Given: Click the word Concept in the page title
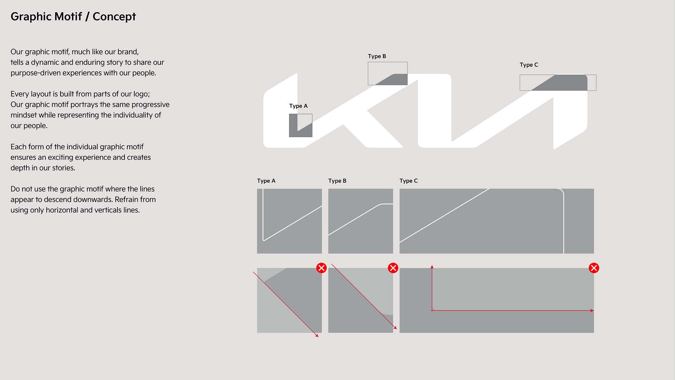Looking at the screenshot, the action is tap(114, 17).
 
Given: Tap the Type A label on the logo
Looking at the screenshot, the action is tap(298, 106).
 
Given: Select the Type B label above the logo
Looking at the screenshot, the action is tap(377, 56).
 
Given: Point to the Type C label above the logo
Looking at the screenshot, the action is tap(529, 65).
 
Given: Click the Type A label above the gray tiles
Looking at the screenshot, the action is tap(266, 181).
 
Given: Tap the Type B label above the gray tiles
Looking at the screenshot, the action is tap(337, 181).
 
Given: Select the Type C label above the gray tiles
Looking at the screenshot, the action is tap(409, 181).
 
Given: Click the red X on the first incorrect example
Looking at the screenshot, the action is tap(321, 268).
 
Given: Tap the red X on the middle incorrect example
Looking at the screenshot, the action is tap(393, 268).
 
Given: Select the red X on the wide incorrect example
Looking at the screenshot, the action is tap(594, 268).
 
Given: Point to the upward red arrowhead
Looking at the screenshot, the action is tap(432, 267).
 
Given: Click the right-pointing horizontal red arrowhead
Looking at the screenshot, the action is tap(592, 310).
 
